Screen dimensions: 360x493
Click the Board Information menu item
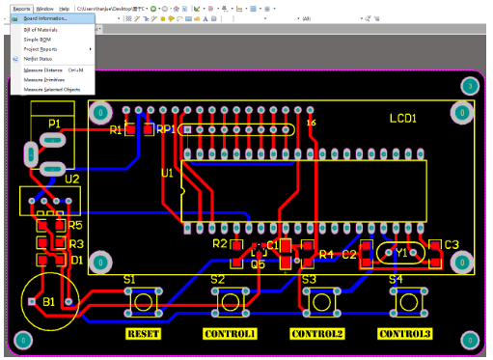point(45,18)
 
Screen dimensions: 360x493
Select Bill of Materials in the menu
point(41,30)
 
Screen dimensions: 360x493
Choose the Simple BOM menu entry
point(36,39)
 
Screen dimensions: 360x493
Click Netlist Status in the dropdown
point(38,59)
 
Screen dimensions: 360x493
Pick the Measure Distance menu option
point(43,70)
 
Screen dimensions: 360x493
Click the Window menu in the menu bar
point(44,7)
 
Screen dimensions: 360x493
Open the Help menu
point(65,7)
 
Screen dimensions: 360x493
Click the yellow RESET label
point(144,334)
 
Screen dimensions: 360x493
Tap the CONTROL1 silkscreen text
point(230,334)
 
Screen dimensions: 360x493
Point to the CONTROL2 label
point(317,334)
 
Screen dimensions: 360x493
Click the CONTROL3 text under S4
point(404,334)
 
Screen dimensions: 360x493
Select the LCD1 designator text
point(402,119)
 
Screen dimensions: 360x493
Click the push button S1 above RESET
point(144,302)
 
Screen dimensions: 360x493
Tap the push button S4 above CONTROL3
point(406,302)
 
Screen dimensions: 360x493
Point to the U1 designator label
point(167,174)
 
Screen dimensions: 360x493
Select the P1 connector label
point(54,124)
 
